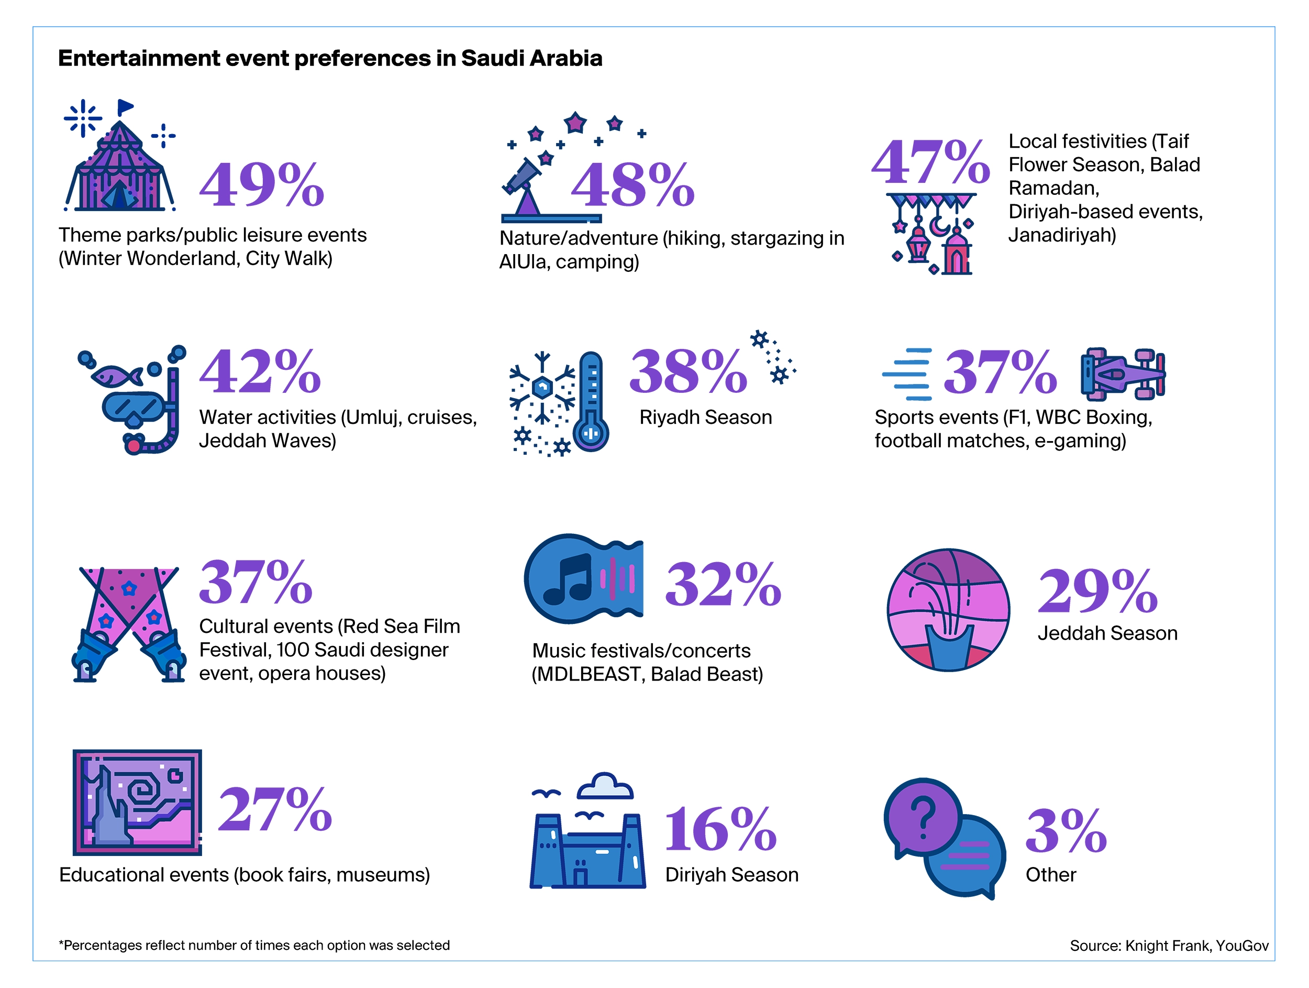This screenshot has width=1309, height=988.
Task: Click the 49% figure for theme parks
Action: [x=262, y=185]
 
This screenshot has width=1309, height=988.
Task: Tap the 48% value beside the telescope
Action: [x=632, y=185]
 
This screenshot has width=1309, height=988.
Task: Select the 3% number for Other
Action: [x=1065, y=832]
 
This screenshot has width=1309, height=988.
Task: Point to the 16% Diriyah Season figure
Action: [x=720, y=830]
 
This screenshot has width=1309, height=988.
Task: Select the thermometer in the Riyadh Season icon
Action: [x=591, y=402]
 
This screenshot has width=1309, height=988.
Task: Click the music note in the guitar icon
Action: [x=568, y=579]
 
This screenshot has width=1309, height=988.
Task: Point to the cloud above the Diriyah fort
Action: [x=605, y=787]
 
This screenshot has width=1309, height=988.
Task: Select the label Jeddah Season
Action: [x=1107, y=633]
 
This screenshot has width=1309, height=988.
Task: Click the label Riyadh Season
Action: [x=705, y=418]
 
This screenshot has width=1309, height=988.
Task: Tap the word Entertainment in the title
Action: [x=139, y=59]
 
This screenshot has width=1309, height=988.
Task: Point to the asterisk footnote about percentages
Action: [x=254, y=946]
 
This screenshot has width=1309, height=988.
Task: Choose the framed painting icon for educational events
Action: [x=137, y=802]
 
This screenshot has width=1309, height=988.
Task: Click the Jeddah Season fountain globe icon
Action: [x=948, y=610]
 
